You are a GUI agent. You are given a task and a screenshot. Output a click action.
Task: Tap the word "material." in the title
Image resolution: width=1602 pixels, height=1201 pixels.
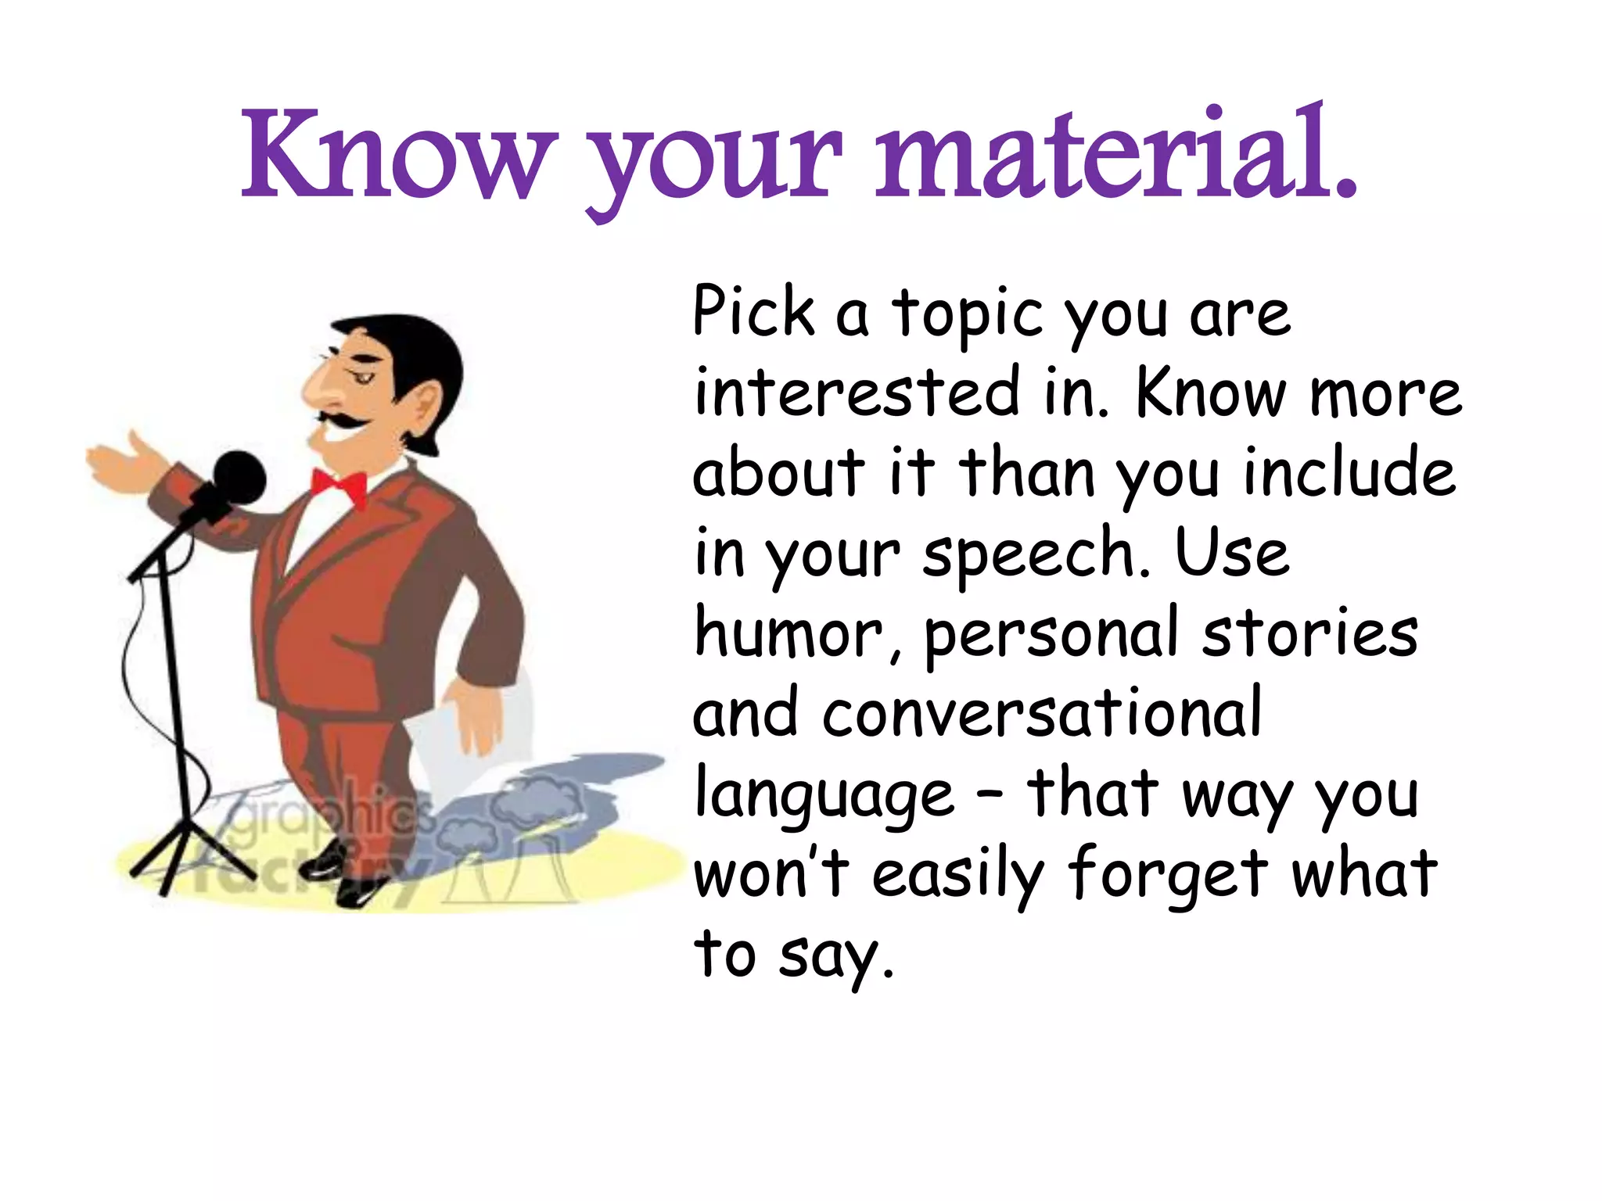1115,156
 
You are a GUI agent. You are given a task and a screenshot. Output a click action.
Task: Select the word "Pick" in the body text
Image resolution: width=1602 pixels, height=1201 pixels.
753,313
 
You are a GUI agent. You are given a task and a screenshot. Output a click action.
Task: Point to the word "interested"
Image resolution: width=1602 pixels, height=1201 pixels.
857,393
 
